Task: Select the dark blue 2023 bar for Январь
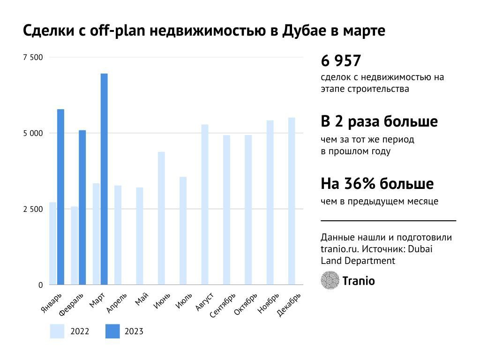(60, 197)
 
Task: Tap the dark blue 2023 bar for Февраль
(82, 207)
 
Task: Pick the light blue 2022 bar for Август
(205, 204)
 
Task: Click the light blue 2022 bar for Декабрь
(292, 201)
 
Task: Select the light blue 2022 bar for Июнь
(161, 218)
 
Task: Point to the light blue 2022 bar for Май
(140, 236)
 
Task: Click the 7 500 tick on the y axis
(33, 57)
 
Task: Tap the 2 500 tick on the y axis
(33, 209)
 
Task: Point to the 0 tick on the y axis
(40, 285)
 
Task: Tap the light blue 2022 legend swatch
(58, 331)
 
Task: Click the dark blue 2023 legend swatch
(112, 331)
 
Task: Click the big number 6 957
(341, 61)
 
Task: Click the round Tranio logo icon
(330, 280)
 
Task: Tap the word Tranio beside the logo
(359, 281)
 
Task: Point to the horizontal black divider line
(388, 220)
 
